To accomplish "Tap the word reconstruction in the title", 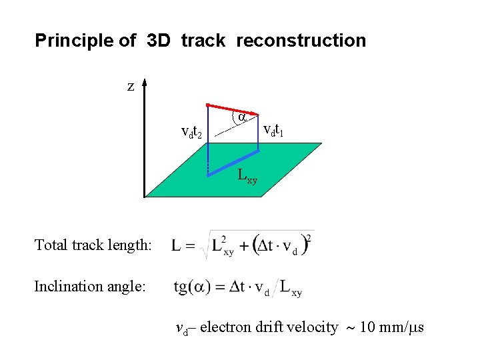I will pos(301,41).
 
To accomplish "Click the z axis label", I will pos(131,86).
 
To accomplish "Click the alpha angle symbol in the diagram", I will pos(243,117).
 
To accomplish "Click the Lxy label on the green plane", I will pos(247,177).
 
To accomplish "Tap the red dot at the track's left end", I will pos(208,105).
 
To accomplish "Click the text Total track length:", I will pos(93,245).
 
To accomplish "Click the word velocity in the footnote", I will pos(313,327).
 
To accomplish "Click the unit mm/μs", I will pos(401,327).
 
